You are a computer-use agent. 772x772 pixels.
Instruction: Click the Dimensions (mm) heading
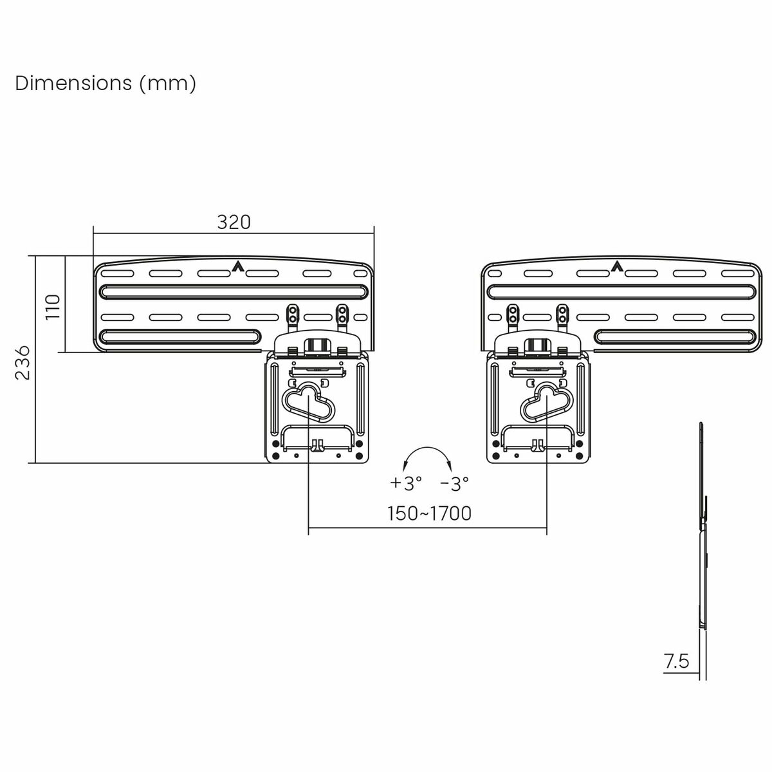[106, 84]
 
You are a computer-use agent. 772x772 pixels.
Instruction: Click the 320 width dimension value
[234, 222]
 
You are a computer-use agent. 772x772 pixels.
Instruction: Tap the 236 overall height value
[23, 362]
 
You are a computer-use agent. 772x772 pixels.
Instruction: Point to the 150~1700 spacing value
[429, 513]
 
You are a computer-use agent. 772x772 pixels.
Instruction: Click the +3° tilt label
[406, 482]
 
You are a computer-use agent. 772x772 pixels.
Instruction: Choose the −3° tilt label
[454, 482]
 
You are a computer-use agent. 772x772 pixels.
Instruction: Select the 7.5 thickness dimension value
[676, 661]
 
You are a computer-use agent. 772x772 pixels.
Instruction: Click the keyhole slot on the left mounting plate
[308, 402]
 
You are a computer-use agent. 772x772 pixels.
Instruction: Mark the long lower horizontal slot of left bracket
[180, 336]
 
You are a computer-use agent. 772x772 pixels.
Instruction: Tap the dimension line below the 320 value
[234, 234]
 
